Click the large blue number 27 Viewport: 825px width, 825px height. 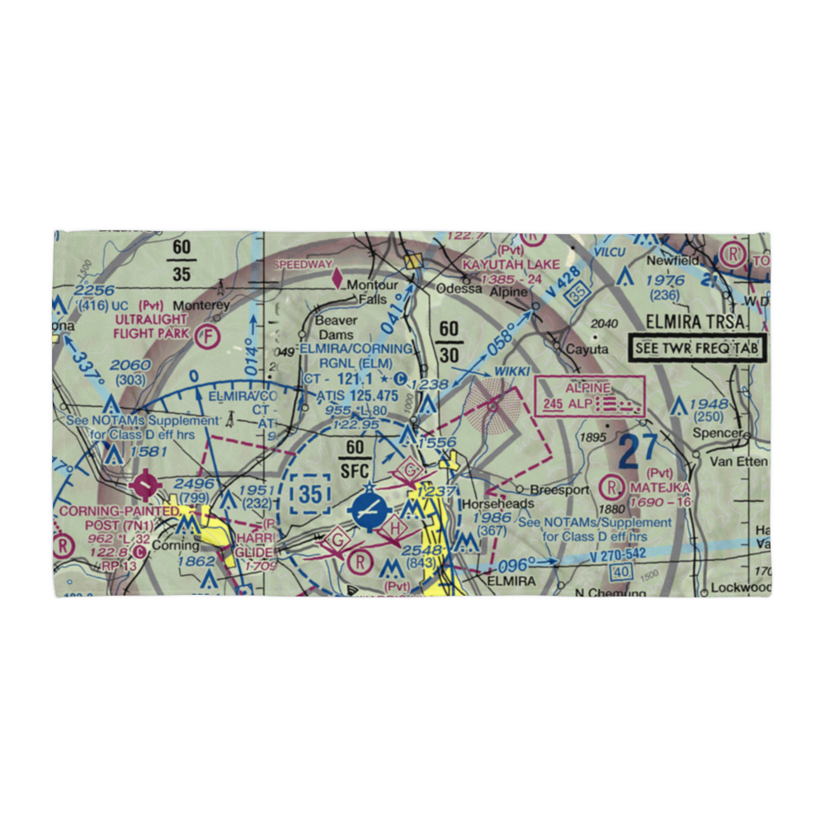pyautogui.click(x=639, y=450)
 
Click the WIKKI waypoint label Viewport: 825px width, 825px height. pyautogui.click(x=511, y=371)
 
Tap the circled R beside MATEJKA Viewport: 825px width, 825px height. pyautogui.click(x=614, y=485)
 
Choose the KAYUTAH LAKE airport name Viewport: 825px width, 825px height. pyautogui.click(x=511, y=264)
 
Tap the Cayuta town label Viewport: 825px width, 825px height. pyautogui.click(x=586, y=349)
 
